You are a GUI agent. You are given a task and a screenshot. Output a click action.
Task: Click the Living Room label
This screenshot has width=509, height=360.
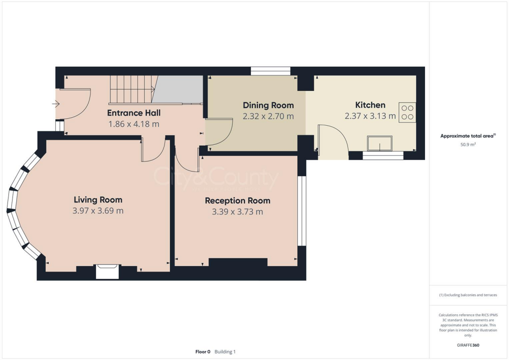click(98, 200)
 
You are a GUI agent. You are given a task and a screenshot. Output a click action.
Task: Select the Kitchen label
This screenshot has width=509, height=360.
click(370, 105)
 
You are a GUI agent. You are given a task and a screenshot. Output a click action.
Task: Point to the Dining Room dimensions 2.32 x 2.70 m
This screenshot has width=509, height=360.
click(268, 117)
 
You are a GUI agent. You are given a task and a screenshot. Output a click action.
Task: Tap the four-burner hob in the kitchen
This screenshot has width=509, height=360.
click(407, 112)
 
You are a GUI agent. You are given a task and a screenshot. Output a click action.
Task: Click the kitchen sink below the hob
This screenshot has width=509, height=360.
click(380, 143)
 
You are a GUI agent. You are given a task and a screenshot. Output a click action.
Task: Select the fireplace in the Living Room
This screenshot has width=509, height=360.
click(107, 271)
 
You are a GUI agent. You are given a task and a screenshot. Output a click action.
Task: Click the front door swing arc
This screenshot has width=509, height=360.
click(77, 104)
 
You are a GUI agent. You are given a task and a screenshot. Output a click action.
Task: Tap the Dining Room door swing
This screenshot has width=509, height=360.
click(220, 132)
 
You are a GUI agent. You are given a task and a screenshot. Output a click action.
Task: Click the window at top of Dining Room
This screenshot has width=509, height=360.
click(270, 71)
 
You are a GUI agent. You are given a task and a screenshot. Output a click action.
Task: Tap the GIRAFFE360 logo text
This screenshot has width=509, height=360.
click(469, 345)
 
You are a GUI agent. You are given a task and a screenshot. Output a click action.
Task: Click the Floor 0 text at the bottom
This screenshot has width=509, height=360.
click(203, 352)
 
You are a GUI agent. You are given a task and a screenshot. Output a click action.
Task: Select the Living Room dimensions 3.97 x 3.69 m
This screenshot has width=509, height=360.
click(98, 211)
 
